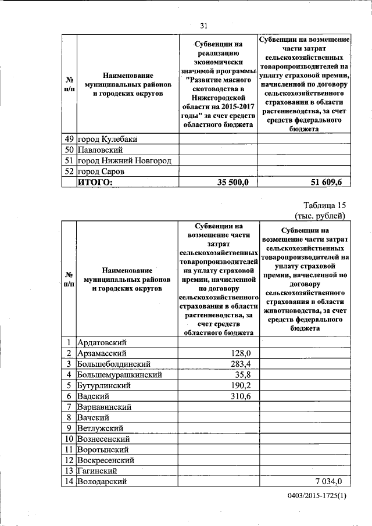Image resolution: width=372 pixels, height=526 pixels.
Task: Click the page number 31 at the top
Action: pos(204,25)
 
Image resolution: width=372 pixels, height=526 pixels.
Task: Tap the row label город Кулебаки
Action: pos(108,139)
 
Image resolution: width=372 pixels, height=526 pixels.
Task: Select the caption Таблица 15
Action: pos(324,205)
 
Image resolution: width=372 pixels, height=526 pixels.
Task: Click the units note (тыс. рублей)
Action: pos(320,216)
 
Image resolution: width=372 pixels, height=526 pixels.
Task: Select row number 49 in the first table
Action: pos(69,139)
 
